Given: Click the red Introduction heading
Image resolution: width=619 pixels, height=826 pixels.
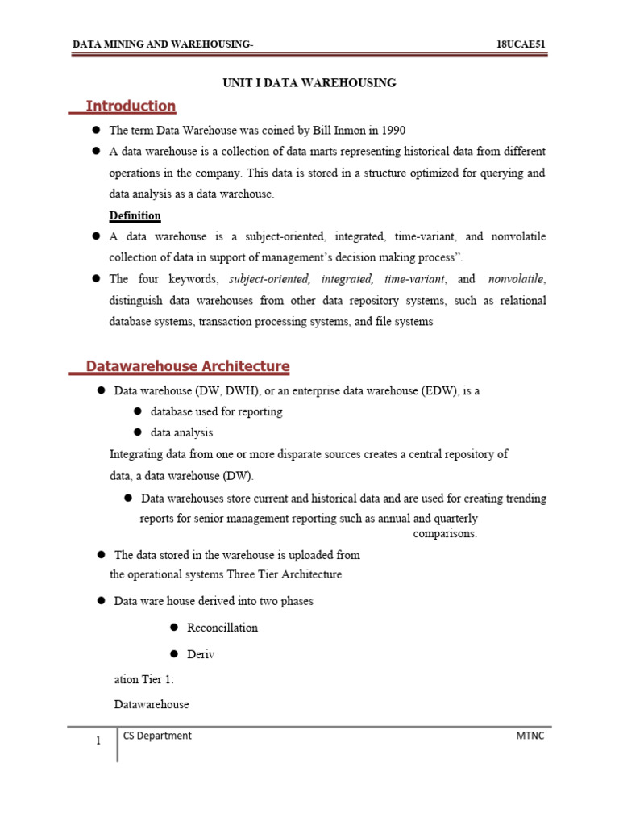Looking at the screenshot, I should click(131, 106).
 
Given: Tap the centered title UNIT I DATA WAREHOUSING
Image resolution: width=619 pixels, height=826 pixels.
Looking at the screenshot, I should click(309, 82).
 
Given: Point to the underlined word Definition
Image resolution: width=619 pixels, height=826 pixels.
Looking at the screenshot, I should click(135, 215).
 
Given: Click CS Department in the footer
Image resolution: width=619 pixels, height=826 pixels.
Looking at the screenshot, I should click(157, 736).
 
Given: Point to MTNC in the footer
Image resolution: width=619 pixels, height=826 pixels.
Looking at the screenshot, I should click(530, 736).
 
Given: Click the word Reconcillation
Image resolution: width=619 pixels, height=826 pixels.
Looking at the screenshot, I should click(222, 628).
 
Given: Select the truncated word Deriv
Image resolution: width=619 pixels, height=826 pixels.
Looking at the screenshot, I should click(201, 654).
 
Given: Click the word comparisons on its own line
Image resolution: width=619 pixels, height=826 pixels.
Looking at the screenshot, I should click(445, 534).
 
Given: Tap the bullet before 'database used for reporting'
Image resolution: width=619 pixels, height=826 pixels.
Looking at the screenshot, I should click(138, 411).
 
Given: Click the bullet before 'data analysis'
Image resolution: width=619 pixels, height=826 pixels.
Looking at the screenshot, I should click(138, 432).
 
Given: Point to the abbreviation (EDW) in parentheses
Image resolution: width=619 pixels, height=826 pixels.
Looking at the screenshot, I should click(434, 390).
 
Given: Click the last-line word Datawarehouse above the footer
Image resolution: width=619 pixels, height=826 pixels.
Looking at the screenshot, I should click(152, 704).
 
